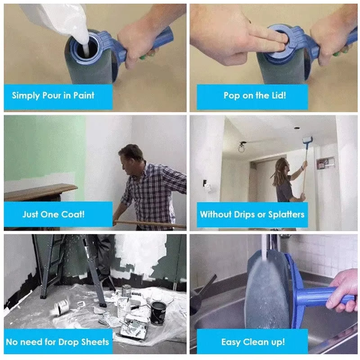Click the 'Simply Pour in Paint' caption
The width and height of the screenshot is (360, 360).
coord(53,95)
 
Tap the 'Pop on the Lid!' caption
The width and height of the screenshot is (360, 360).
coord(255,95)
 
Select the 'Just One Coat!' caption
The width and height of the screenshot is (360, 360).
coord(54,214)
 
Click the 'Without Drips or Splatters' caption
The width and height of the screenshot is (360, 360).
coord(252,214)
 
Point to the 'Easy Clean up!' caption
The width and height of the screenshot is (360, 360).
coord(253,342)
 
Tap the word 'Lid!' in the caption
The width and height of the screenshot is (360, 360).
coord(277,95)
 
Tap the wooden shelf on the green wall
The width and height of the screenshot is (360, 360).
coord(40,191)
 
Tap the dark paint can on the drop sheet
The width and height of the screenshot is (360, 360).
coord(157,312)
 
